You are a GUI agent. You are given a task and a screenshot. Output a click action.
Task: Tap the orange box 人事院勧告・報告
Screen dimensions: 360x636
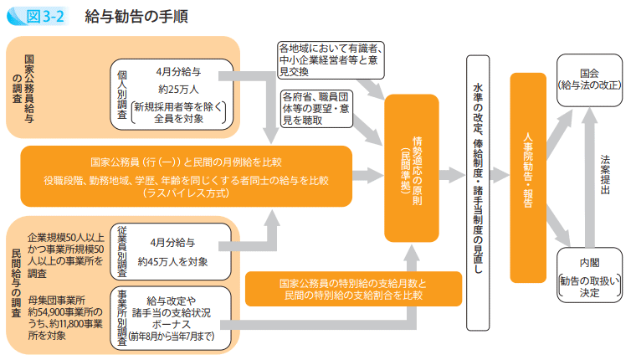pos(527,167)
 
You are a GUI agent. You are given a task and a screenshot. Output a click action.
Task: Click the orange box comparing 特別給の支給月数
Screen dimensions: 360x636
pos(352,289)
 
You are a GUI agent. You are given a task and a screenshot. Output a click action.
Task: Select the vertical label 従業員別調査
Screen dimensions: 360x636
pos(122,252)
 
